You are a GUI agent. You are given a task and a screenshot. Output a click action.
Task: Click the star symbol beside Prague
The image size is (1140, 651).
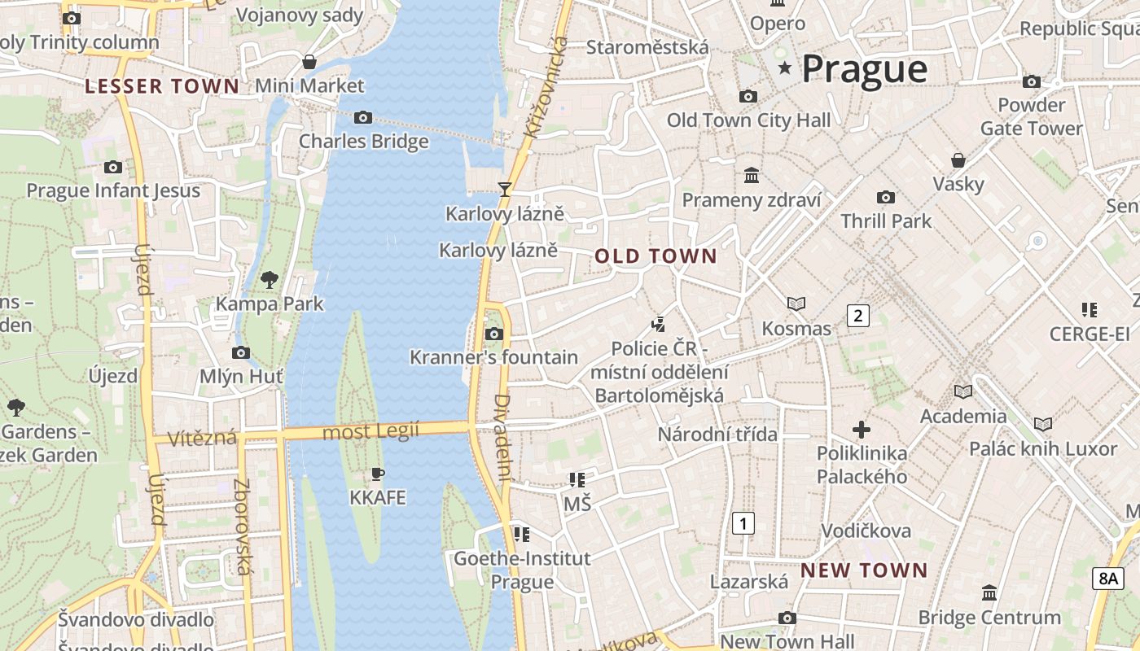pos(785,68)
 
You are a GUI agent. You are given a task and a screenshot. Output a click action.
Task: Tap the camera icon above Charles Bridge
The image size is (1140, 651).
pos(363,118)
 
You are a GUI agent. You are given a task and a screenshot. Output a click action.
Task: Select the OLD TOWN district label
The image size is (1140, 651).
pos(655,256)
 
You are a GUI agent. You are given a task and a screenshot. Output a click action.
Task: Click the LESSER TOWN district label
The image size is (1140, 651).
pos(162,86)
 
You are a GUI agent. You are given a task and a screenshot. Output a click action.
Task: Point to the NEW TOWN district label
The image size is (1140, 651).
pos(864,570)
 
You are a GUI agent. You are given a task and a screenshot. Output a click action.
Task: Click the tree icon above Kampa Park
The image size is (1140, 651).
pos(269,280)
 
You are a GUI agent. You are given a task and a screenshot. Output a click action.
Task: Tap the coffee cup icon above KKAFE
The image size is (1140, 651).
pos(377,474)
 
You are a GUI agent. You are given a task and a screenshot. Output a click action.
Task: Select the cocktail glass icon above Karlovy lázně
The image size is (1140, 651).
pos(505,190)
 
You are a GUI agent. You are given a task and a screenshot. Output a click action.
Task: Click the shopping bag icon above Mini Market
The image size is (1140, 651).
pos(309,62)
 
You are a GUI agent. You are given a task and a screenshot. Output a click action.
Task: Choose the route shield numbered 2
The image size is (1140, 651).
pos(857,315)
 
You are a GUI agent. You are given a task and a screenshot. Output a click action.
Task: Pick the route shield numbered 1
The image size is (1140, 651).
pos(743,522)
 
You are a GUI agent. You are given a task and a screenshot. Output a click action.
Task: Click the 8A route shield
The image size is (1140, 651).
pos(1108,578)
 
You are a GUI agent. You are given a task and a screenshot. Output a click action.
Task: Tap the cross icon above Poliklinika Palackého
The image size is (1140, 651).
pos(862,429)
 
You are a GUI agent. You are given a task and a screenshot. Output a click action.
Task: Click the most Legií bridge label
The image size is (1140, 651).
pos(370,430)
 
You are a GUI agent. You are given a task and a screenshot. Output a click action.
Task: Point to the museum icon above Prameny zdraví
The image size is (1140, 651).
pos(752,176)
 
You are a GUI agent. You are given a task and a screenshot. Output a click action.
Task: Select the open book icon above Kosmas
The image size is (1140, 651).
pos(796,304)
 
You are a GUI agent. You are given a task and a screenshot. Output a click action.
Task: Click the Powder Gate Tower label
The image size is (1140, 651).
pos(1032,116)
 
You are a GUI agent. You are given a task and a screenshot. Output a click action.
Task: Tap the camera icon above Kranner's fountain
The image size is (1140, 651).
pos(493,334)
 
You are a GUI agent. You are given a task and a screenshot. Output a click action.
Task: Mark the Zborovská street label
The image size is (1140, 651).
pos(242,526)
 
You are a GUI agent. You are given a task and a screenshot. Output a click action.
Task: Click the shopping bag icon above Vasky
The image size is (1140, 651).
pos(958,160)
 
